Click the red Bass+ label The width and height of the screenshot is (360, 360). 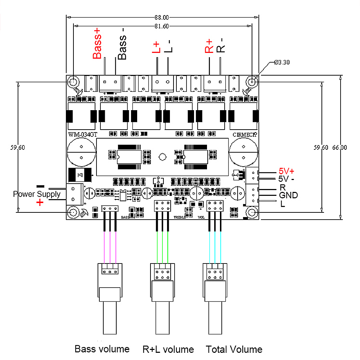coord(97,45)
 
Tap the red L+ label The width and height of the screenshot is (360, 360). coord(156,48)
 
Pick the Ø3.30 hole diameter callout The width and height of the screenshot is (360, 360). coord(282,62)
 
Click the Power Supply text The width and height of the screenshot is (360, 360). coord(37,194)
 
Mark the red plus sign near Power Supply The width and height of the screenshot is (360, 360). coord(40,203)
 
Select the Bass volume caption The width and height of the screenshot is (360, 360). coord(102,349)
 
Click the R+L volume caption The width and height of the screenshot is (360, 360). coord(168,349)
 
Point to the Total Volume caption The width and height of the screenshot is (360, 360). coord(234,349)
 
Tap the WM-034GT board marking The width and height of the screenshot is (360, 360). coord(82,135)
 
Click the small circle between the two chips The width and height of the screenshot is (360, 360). coord(162,157)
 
